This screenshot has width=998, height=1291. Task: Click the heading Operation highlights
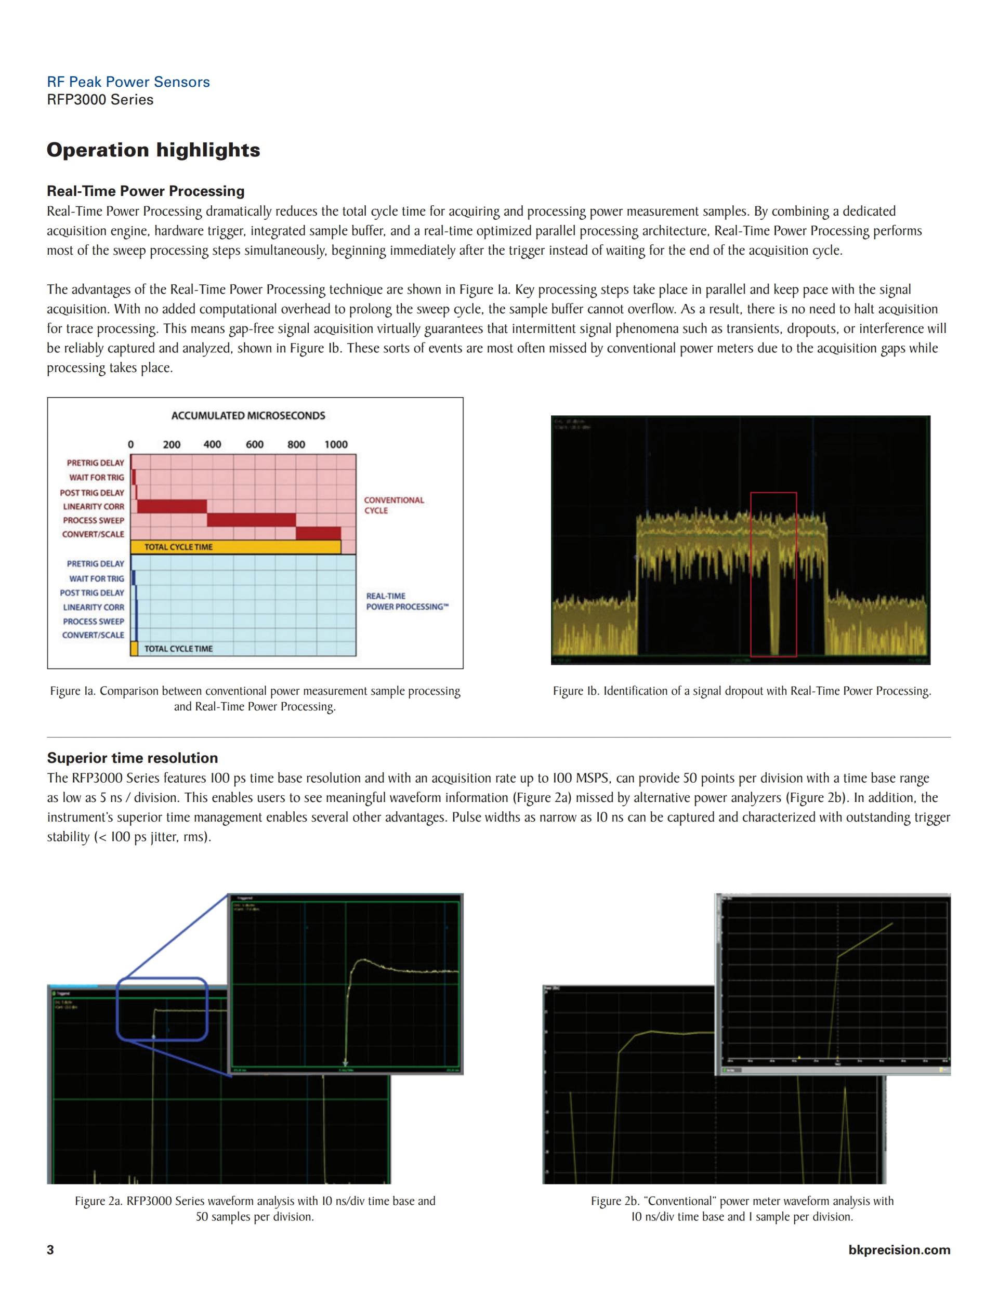(x=153, y=150)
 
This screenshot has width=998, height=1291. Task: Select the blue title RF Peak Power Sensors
(x=128, y=82)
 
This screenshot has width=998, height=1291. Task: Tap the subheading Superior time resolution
(x=133, y=758)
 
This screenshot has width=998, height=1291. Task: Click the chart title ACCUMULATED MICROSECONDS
(x=248, y=416)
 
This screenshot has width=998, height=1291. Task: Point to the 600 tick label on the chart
(x=254, y=444)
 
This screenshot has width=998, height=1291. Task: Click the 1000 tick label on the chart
(x=336, y=444)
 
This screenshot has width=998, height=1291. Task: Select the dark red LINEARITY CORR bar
(x=172, y=507)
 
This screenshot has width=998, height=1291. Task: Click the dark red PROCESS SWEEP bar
(x=251, y=520)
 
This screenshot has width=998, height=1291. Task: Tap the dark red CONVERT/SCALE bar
(x=318, y=534)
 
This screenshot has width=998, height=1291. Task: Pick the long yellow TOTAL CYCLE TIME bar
(x=235, y=547)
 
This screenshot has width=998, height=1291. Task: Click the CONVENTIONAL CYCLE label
(x=394, y=505)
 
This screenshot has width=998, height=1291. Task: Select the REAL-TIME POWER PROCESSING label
(x=407, y=601)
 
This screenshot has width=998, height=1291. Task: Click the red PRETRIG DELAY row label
(x=95, y=463)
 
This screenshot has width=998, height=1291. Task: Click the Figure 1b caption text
(x=742, y=691)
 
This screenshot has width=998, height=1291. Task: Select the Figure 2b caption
(x=742, y=1209)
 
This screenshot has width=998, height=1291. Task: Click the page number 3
(x=50, y=1249)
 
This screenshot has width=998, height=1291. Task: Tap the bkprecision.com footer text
(x=899, y=1249)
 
